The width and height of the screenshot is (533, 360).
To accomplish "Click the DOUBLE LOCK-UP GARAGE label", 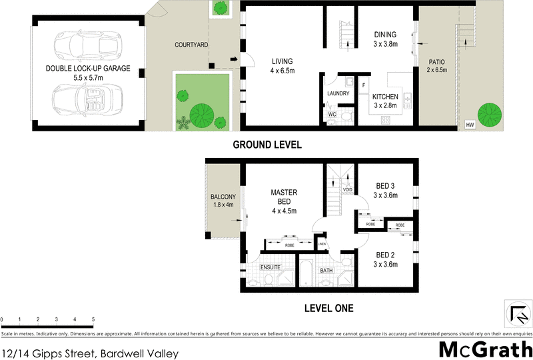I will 88,69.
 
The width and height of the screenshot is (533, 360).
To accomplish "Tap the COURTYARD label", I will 192,45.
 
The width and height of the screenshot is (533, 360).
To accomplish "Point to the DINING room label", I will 385,35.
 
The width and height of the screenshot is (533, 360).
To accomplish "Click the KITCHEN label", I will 385,97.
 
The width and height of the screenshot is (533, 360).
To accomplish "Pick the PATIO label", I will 436,62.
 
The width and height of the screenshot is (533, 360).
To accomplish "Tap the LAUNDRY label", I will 338,93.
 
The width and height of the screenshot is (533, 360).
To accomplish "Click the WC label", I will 332,115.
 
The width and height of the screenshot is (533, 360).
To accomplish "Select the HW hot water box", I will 470,125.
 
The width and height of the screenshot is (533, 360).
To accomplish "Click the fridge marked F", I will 364,85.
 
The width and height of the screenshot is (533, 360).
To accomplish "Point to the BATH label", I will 326,271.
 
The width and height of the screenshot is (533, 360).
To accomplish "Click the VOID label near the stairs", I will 347,189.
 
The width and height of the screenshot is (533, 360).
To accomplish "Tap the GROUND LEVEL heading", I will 266,145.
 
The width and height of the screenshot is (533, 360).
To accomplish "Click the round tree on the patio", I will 490,111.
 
